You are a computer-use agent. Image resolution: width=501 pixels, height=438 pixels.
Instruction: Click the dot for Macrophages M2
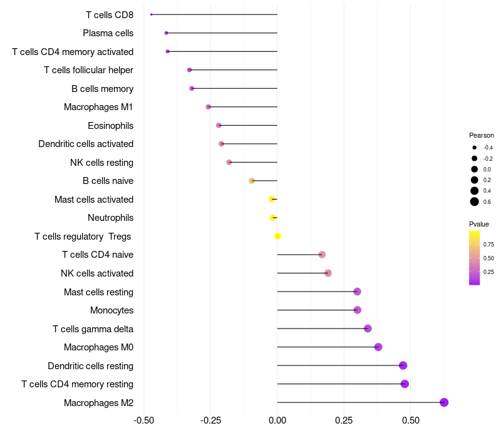click(x=444, y=402)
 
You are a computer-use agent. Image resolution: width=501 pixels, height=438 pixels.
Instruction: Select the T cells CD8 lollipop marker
click(x=152, y=14)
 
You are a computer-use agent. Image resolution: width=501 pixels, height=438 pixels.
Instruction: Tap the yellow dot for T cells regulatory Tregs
click(x=277, y=236)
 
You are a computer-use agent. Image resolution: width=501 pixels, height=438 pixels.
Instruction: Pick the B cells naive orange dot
click(x=252, y=181)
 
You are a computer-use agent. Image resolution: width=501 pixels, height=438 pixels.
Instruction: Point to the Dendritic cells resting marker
click(x=403, y=365)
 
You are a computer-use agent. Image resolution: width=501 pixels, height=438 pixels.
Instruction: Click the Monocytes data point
click(x=357, y=310)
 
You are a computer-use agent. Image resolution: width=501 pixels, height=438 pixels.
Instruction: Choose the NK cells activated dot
click(x=328, y=273)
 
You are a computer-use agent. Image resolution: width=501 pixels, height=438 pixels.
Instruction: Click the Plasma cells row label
click(x=108, y=33)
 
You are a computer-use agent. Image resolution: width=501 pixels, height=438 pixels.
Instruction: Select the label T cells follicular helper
click(x=88, y=70)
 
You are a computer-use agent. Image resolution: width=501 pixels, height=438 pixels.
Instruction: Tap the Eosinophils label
click(x=110, y=126)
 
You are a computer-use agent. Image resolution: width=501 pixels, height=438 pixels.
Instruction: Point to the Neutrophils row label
click(x=110, y=218)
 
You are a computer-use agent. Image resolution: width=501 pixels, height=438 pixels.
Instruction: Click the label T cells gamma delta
click(x=93, y=329)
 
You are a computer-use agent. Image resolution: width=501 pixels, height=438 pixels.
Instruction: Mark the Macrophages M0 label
click(x=98, y=347)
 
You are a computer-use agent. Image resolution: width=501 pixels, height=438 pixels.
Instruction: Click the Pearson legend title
click(x=481, y=135)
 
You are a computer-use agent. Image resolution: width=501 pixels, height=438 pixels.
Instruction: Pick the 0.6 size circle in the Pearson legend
click(x=475, y=201)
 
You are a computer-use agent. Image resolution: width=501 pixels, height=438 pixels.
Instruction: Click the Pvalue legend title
click(x=479, y=224)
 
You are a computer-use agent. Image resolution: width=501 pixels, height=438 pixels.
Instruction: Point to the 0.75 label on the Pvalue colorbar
click(x=488, y=245)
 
